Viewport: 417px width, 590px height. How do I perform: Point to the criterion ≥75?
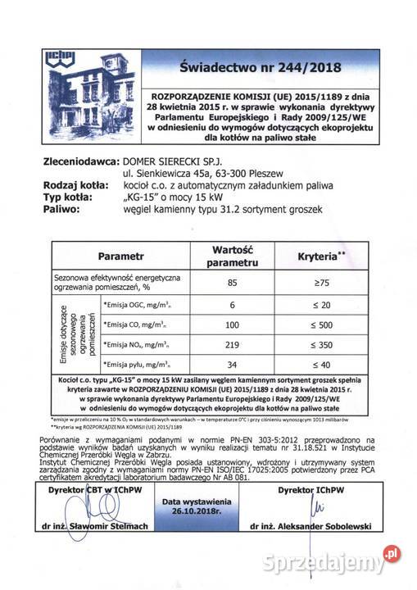click(x=322, y=284)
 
